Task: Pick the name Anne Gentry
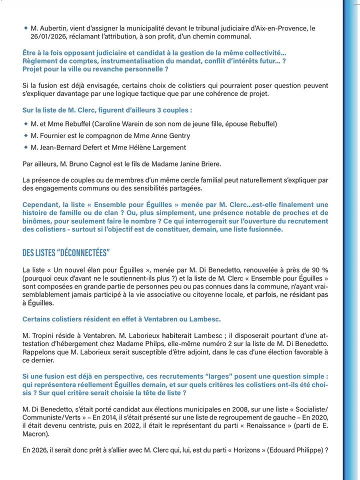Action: [167, 135]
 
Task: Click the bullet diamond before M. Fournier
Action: [26, 135]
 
